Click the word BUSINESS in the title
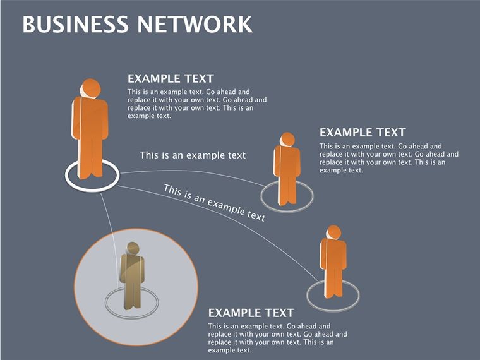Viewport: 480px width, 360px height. point(76,24)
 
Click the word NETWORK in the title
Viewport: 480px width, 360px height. point(195,24)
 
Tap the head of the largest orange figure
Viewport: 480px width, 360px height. point(90,88)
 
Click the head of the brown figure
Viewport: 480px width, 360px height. point(133,248)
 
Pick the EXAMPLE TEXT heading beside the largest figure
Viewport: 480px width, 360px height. point(171,79)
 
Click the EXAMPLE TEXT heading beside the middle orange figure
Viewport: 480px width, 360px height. point(363,133)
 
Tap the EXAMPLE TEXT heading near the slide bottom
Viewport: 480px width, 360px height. point(251,313)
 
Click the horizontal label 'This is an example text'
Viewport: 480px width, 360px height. point(193,155)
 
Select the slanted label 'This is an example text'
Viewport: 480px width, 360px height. point(214,203)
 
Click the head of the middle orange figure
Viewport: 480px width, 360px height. point(287,140)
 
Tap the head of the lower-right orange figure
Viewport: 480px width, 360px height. point(333,232)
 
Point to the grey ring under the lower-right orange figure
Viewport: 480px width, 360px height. point(308,296)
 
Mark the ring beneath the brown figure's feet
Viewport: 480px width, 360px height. point(107,303)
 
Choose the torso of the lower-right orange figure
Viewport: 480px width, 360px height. point(333,254)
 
